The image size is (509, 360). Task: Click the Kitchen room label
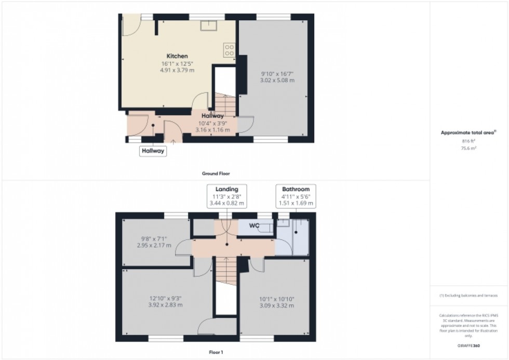(177, 56)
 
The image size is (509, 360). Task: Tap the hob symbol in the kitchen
(229, 49)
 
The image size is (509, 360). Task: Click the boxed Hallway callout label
(153, 151)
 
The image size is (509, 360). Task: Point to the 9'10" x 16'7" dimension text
(277, 77)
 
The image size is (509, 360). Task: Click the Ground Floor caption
(216, 174)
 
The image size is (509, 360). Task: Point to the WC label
(254, 226)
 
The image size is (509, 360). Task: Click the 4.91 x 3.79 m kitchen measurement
(177, 70)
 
